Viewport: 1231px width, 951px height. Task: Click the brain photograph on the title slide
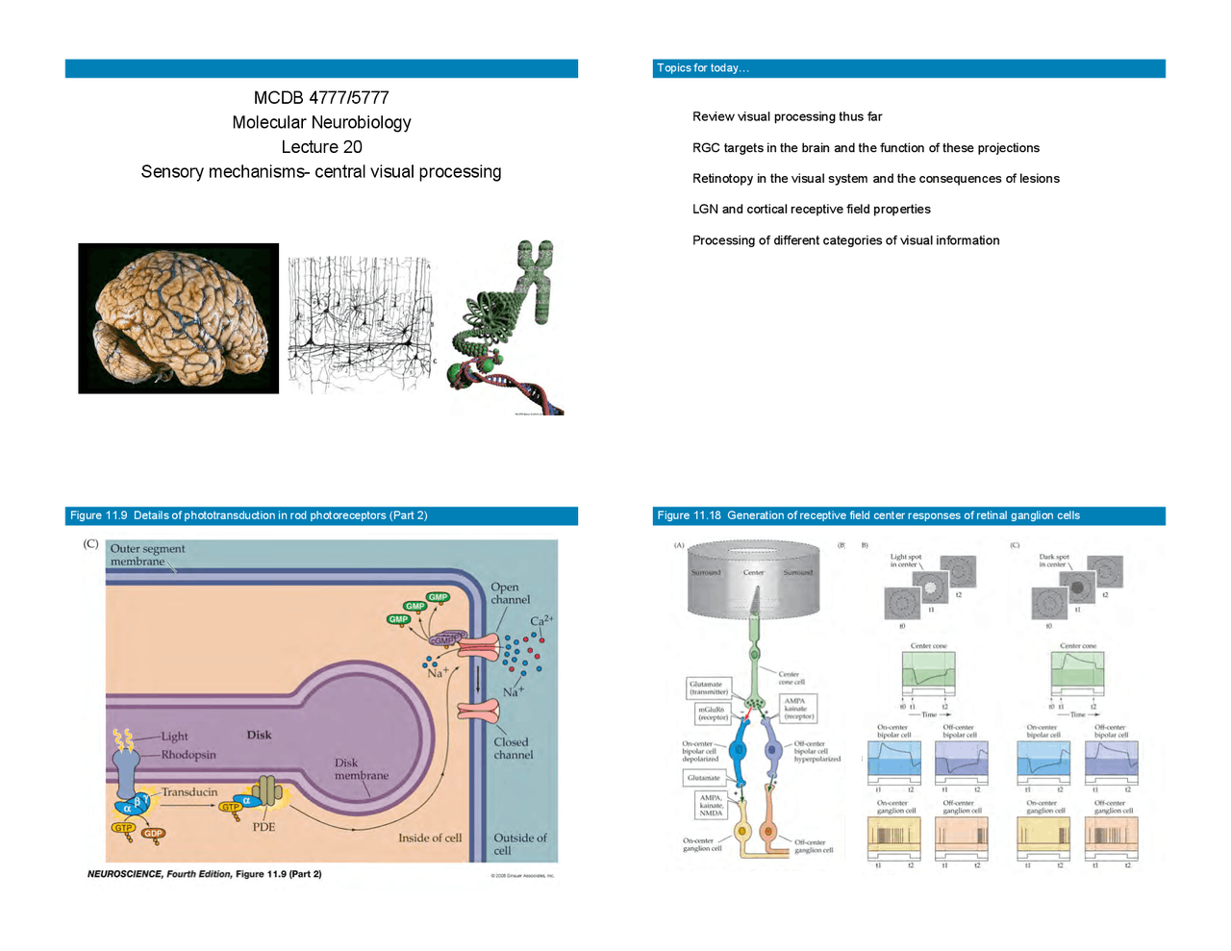[x=178, y=318]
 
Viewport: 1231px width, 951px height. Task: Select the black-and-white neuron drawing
[x=361, y=322]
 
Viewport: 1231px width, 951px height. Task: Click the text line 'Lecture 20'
[x=321, y=147]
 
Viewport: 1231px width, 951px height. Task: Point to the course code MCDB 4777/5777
[x=321, y=98]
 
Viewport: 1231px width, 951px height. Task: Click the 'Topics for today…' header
[x=703, y=68]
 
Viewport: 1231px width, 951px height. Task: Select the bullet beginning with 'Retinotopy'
[x=875, y=179]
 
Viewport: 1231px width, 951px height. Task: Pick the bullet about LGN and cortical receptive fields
[x=811, y=210]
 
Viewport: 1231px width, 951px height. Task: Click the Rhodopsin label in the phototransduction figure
[x=188, y=755]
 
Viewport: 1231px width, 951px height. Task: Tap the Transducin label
[x=188, y=792]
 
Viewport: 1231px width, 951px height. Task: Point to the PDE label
[x=264, y=827]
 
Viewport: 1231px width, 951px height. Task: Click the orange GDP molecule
[x=153, y=834]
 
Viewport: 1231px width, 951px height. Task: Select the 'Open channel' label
[x=510, y=593]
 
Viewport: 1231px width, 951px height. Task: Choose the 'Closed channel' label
[x=513, y=748]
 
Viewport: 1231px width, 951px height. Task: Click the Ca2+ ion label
[x=540, y=621]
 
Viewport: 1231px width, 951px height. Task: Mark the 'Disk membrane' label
[x=361, y=769]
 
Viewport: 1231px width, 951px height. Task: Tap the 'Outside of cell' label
[x=519, y=843]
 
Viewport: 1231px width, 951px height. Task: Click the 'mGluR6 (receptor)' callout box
[x=713, y=713]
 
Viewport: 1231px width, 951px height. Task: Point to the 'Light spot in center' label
[x=905, y=561]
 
